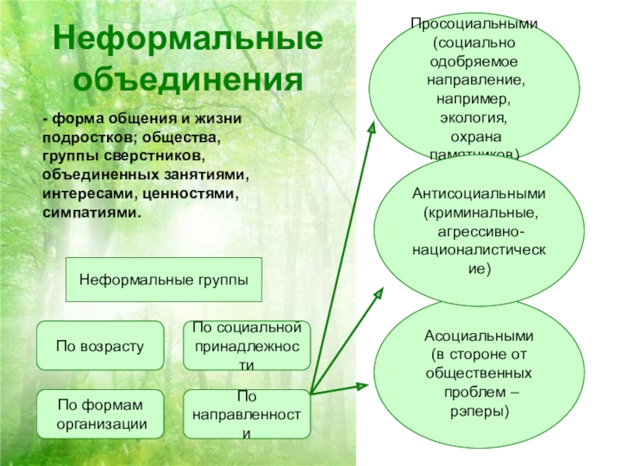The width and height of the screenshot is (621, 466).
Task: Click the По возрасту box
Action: click(100, 345)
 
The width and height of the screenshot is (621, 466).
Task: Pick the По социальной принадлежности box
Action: click(247, 345)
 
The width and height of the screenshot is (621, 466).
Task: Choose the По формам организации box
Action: click(100, 413)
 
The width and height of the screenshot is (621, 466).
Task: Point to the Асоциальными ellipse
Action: click(478, 373)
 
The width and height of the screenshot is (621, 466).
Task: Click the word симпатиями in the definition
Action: click(92, 210)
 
